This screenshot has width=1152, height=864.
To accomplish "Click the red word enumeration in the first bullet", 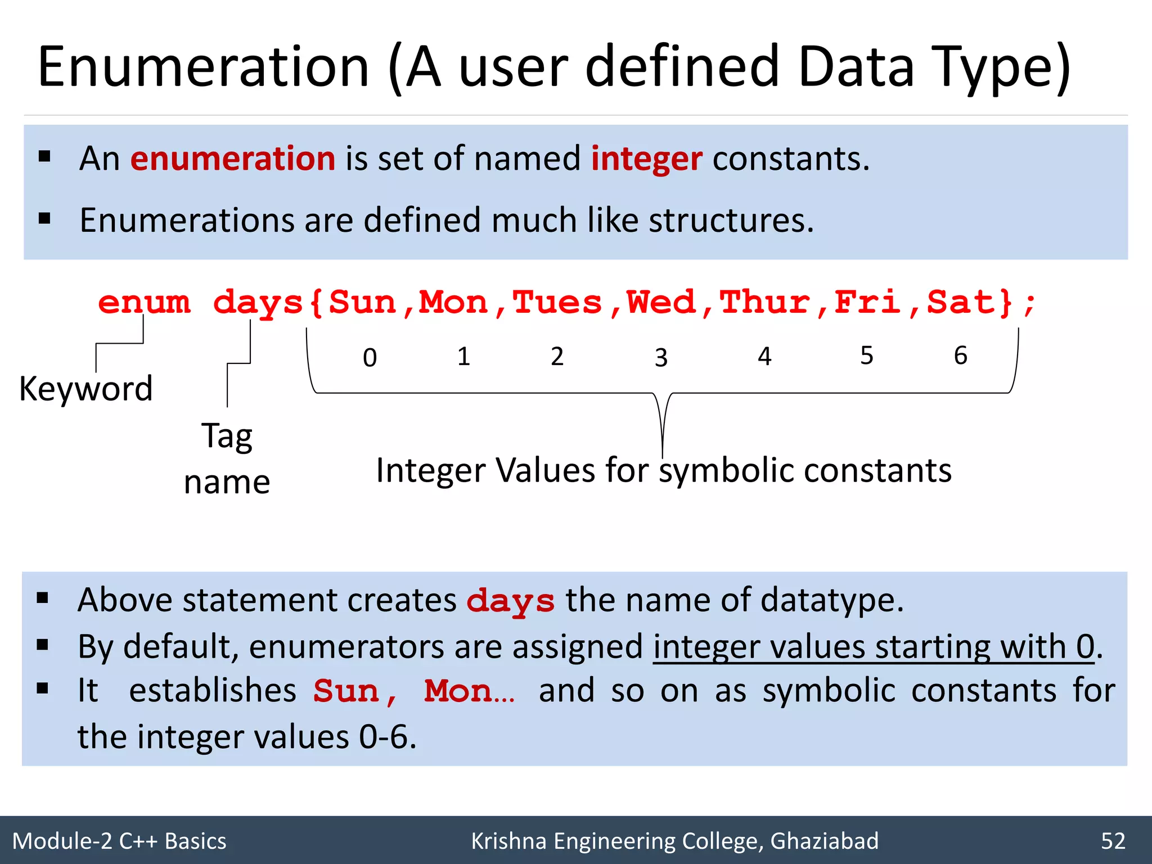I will click(x=233, y=159).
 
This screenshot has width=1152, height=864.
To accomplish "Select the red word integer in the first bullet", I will click(x=646, y=159).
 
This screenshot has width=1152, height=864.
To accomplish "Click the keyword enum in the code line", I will click(x=144, y=303).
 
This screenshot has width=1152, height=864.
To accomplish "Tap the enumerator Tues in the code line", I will click(x=557, y=303).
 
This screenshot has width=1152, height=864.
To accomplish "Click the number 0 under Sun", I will click(x=370, y=358).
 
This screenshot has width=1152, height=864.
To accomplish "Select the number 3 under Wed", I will click(x=661, y=358).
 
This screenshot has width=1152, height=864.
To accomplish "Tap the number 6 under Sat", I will click(x=960, y=355).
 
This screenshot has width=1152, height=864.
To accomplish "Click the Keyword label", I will click(x=86, y=389).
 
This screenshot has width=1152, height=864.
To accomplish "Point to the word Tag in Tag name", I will click(x=227, y=436).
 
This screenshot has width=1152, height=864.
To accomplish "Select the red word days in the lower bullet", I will click(x=510, y=601).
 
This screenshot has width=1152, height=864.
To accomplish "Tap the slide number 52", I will click(x=1113, y=841).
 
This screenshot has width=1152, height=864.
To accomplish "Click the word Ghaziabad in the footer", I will click(x=824, y=841).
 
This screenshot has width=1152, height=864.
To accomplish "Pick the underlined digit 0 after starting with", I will click(x=1085, y=647).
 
